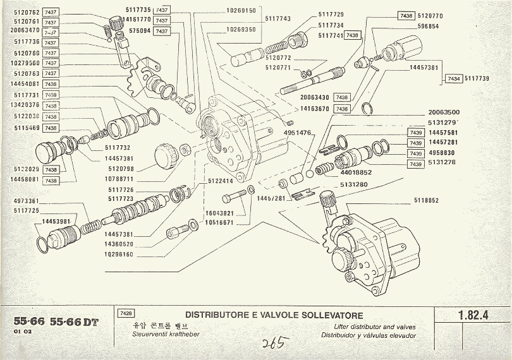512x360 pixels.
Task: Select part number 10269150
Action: tap(241, 11)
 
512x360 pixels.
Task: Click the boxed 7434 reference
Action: tap(453, 78)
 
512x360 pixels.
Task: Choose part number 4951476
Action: tap(297, 133)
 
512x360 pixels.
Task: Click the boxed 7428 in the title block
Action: tap(125, 313)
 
